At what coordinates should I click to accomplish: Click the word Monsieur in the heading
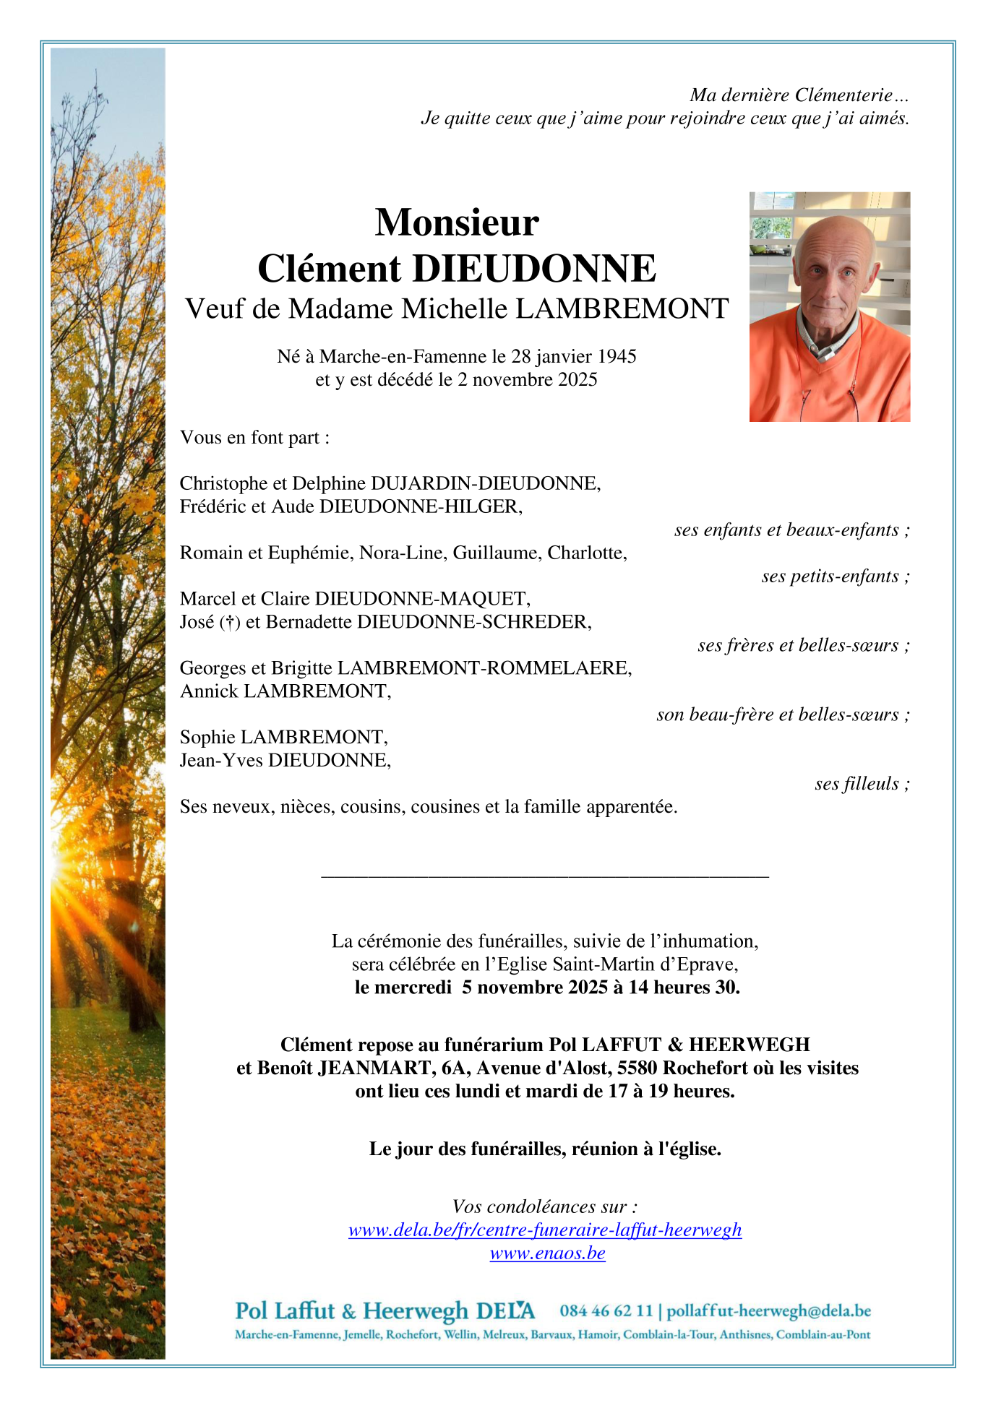coord(457,223)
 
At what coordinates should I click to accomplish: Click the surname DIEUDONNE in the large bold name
coord(533,269)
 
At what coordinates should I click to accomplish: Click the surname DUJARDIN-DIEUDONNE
coord(484,483)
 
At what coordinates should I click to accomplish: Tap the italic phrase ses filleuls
coord(857,784)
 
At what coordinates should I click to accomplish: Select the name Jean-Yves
coord(220,760)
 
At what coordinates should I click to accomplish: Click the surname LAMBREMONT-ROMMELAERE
coord(484,668)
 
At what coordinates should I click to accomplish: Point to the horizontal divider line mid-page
coord(544,877)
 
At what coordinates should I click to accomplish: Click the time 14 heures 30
coord(683,988)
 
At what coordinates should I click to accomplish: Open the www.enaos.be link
coord(547,1253)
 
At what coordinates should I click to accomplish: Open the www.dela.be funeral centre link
coord(545,1230)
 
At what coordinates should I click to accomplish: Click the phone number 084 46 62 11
coord(606,1310)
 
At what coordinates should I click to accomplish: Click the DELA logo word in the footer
coord(505,1310)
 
